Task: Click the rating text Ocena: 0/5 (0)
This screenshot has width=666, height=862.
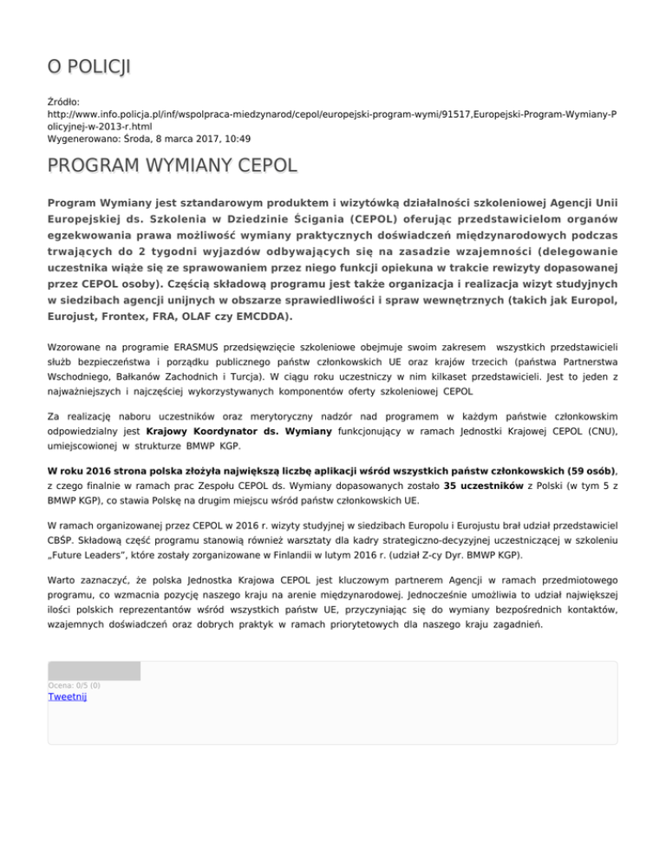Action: click(74, 685)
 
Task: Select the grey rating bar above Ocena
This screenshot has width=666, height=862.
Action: click(94, 670)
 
